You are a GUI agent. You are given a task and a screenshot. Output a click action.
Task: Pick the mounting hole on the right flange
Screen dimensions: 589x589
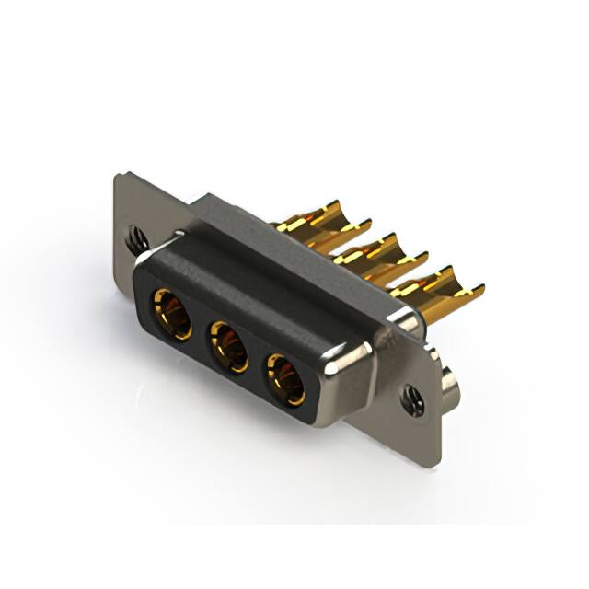pyautogui.click(x=410, y=397)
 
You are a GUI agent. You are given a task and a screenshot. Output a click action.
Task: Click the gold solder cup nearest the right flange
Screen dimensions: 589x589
pyautogui.click(x=433, y=281)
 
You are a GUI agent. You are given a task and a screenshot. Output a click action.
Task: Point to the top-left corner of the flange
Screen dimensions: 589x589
pyautogui.click(x=118, y=176)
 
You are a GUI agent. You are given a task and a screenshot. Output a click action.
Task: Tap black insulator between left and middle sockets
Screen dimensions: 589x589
pyautogui.click(x=200, y=331)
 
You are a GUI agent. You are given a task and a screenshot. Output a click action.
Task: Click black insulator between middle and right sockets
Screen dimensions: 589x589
pyautogui.click(x=259, y=363)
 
